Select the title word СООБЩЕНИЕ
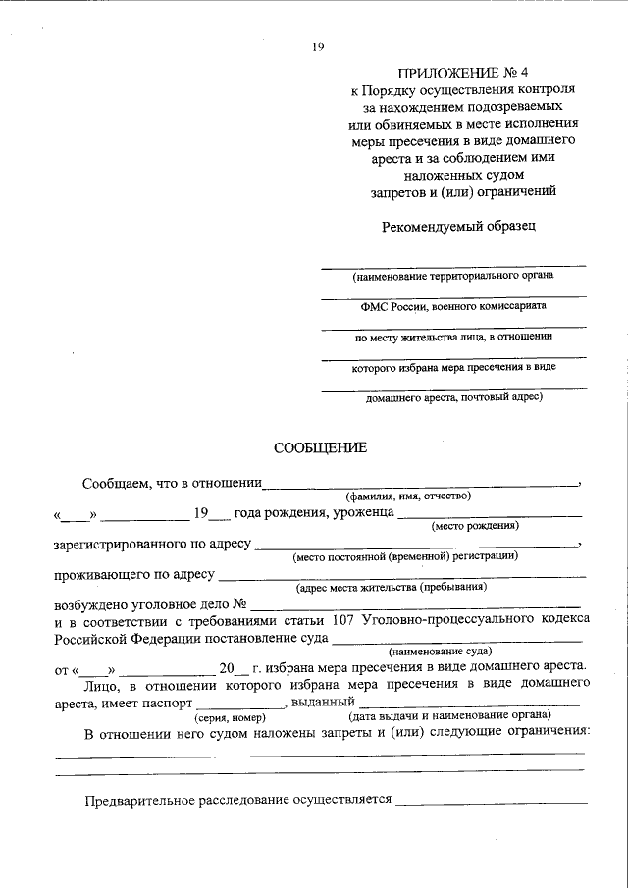point(320,447)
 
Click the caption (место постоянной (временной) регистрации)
point(404,556)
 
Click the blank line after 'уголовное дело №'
point(416,602)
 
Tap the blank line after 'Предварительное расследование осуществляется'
point(490,800)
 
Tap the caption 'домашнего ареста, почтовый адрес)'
point(452,399)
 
